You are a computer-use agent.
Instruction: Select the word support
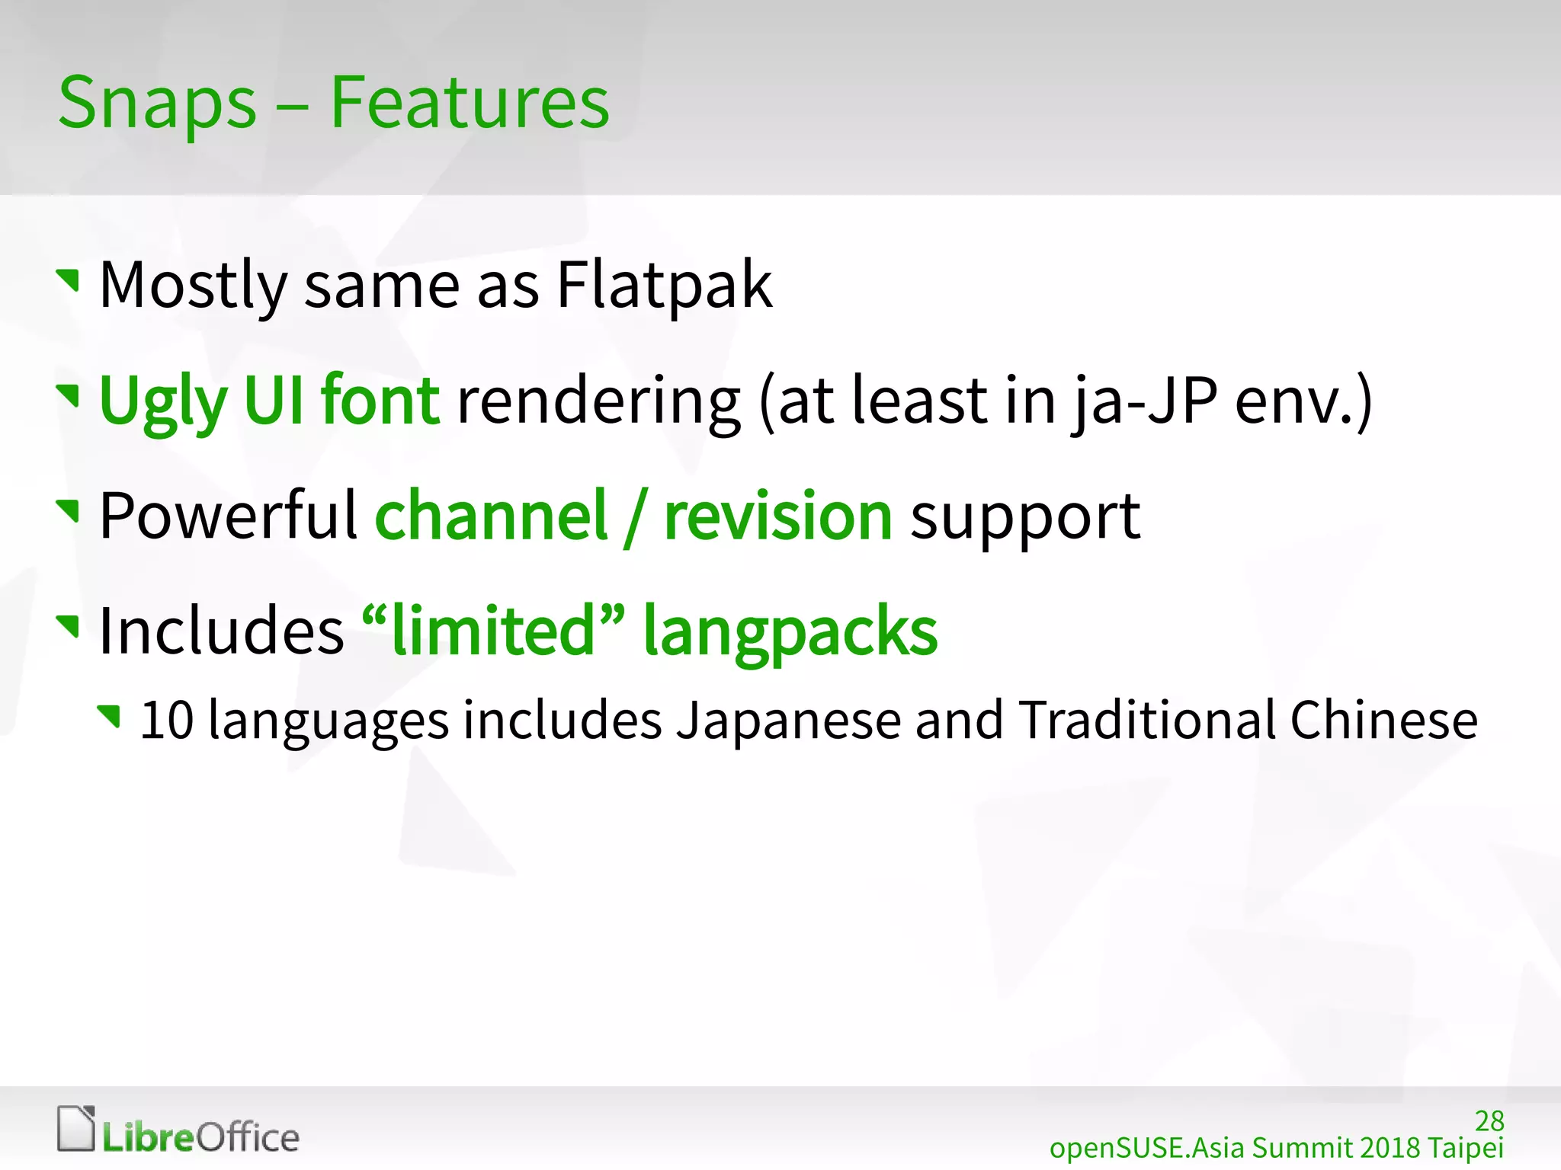click(1025, 518)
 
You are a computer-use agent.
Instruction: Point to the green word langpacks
click(790, 632)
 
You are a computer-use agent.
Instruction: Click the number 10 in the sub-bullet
click(167, 720)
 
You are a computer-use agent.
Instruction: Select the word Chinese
click(1383, 720)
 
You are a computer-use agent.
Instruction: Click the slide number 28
click(1489, 1121)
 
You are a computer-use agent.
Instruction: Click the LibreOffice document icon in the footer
click(76, 1128)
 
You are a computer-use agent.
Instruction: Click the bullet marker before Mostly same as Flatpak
click(69, 280)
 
